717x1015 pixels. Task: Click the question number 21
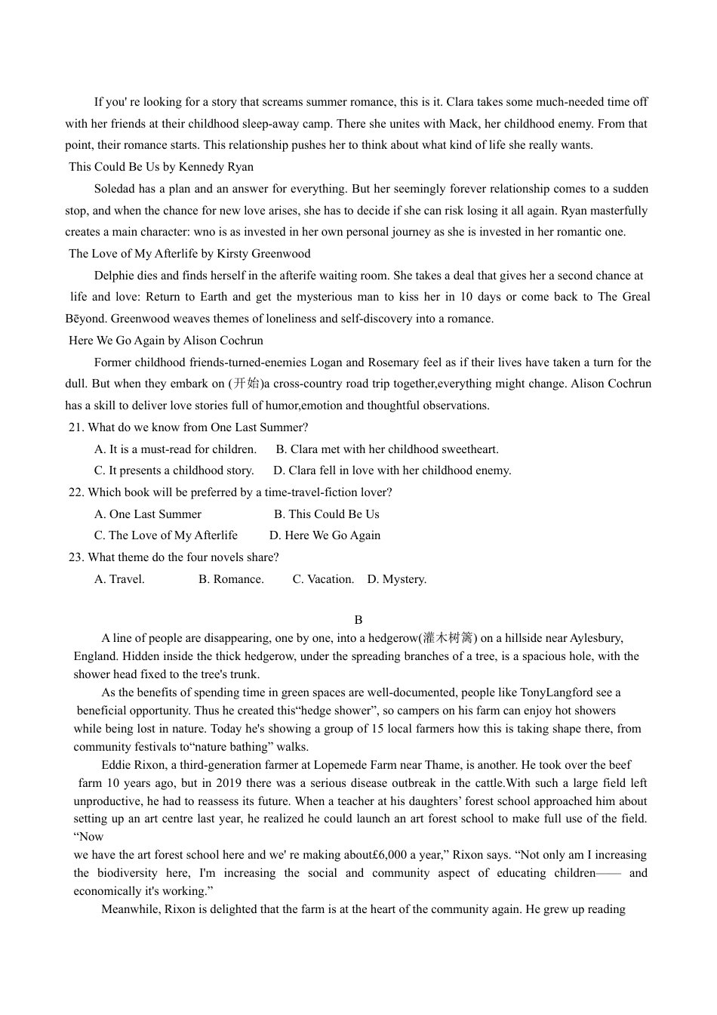pyautogui.click(x=75, y=427)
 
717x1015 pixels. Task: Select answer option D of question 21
pyautogui.click(x=392, y=470)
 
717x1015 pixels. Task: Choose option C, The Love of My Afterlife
pyautogui.click(x=166, y=535)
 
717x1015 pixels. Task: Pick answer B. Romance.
pyautogui.click(x=231, y=579)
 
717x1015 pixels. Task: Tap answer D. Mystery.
pyautogui.click(x=396, y=579)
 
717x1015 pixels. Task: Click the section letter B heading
pyautogui.click(x=358, y=620)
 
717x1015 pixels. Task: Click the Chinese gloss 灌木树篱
pyautogui.click(x=451, y=638)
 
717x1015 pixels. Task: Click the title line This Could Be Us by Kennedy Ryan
pyautogui.click(x=161, y=167)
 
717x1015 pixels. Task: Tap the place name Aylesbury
pyautogui.click(x=595, y=638)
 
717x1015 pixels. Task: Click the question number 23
pyautogui.click(x=75, y=557)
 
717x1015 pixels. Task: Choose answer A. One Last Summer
pyautogui.click(x=148, y=514)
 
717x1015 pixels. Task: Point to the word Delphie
pyautogui.click(x=114, y=276)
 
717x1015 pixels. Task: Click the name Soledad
pyautogui.click(x=115, y=189)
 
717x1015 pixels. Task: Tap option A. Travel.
pyautogui.click(x=119, y=579)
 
